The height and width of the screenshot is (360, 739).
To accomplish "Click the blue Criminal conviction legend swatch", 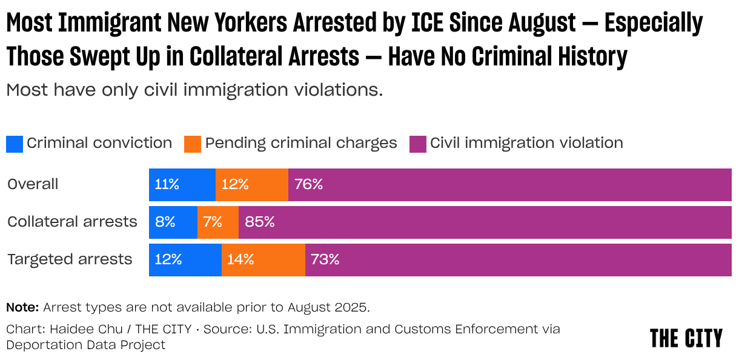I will click(15, 144).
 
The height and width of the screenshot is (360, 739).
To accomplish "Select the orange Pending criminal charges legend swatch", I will click(193, 144).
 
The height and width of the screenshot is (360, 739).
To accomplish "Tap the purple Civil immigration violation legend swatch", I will click(418, 144).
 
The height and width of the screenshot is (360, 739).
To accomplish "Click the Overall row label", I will click(33, 184).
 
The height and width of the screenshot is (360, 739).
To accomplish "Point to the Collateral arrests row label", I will click(72, 222).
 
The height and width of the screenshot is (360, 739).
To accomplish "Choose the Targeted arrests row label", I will click(70, 259).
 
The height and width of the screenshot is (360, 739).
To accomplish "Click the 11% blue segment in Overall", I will click(182, 185).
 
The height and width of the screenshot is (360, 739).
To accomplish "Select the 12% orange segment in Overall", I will click(251, 185).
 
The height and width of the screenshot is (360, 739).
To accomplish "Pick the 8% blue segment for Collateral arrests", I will click(173, 222).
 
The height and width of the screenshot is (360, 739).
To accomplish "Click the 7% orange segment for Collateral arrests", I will click(217, 222).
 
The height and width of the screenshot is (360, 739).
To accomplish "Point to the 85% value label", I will click(260, 222).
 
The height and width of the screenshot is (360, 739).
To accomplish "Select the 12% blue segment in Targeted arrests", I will click(185, 259).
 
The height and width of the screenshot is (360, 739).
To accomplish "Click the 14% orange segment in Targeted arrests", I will click(263, 259).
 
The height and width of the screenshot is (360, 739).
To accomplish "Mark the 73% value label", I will click(325, 259).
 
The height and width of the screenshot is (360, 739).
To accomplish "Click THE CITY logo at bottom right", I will click(686, 338).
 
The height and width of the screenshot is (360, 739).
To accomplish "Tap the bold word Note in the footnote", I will click(22, 307).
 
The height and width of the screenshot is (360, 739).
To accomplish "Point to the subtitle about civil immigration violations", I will click(194, 90).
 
